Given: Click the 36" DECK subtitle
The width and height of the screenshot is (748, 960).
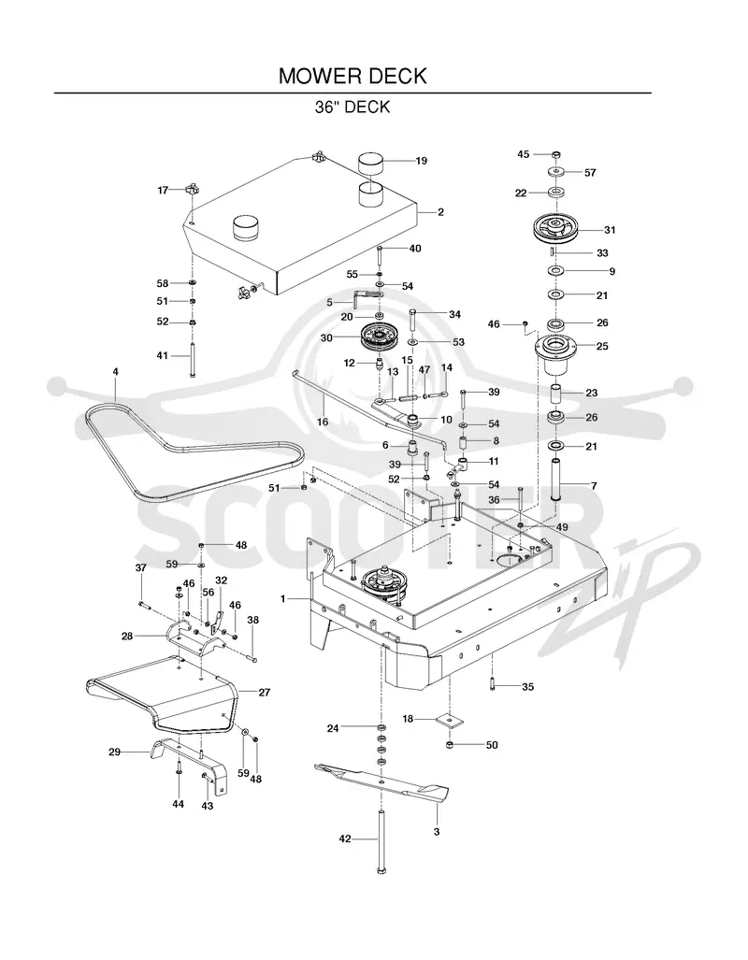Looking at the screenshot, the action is point(352,107).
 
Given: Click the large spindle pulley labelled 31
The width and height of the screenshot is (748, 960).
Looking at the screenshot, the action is point(555,230).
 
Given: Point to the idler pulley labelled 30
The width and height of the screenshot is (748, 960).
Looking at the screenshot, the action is point(378,337).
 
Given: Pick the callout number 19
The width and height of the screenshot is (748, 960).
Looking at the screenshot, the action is point(422,161).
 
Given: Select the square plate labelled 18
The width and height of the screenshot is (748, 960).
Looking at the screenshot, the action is point(450,721).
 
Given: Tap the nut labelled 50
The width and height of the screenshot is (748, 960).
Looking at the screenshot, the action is point(449,744).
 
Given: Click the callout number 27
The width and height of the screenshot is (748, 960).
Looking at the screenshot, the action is point(264,693).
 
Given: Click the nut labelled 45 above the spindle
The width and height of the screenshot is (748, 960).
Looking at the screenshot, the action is point(555,154).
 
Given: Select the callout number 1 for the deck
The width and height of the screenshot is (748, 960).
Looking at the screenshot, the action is point(283,599).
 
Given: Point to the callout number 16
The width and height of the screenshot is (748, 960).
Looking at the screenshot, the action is point(323,422).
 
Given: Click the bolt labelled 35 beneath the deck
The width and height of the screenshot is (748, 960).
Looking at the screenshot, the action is point(492,684).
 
